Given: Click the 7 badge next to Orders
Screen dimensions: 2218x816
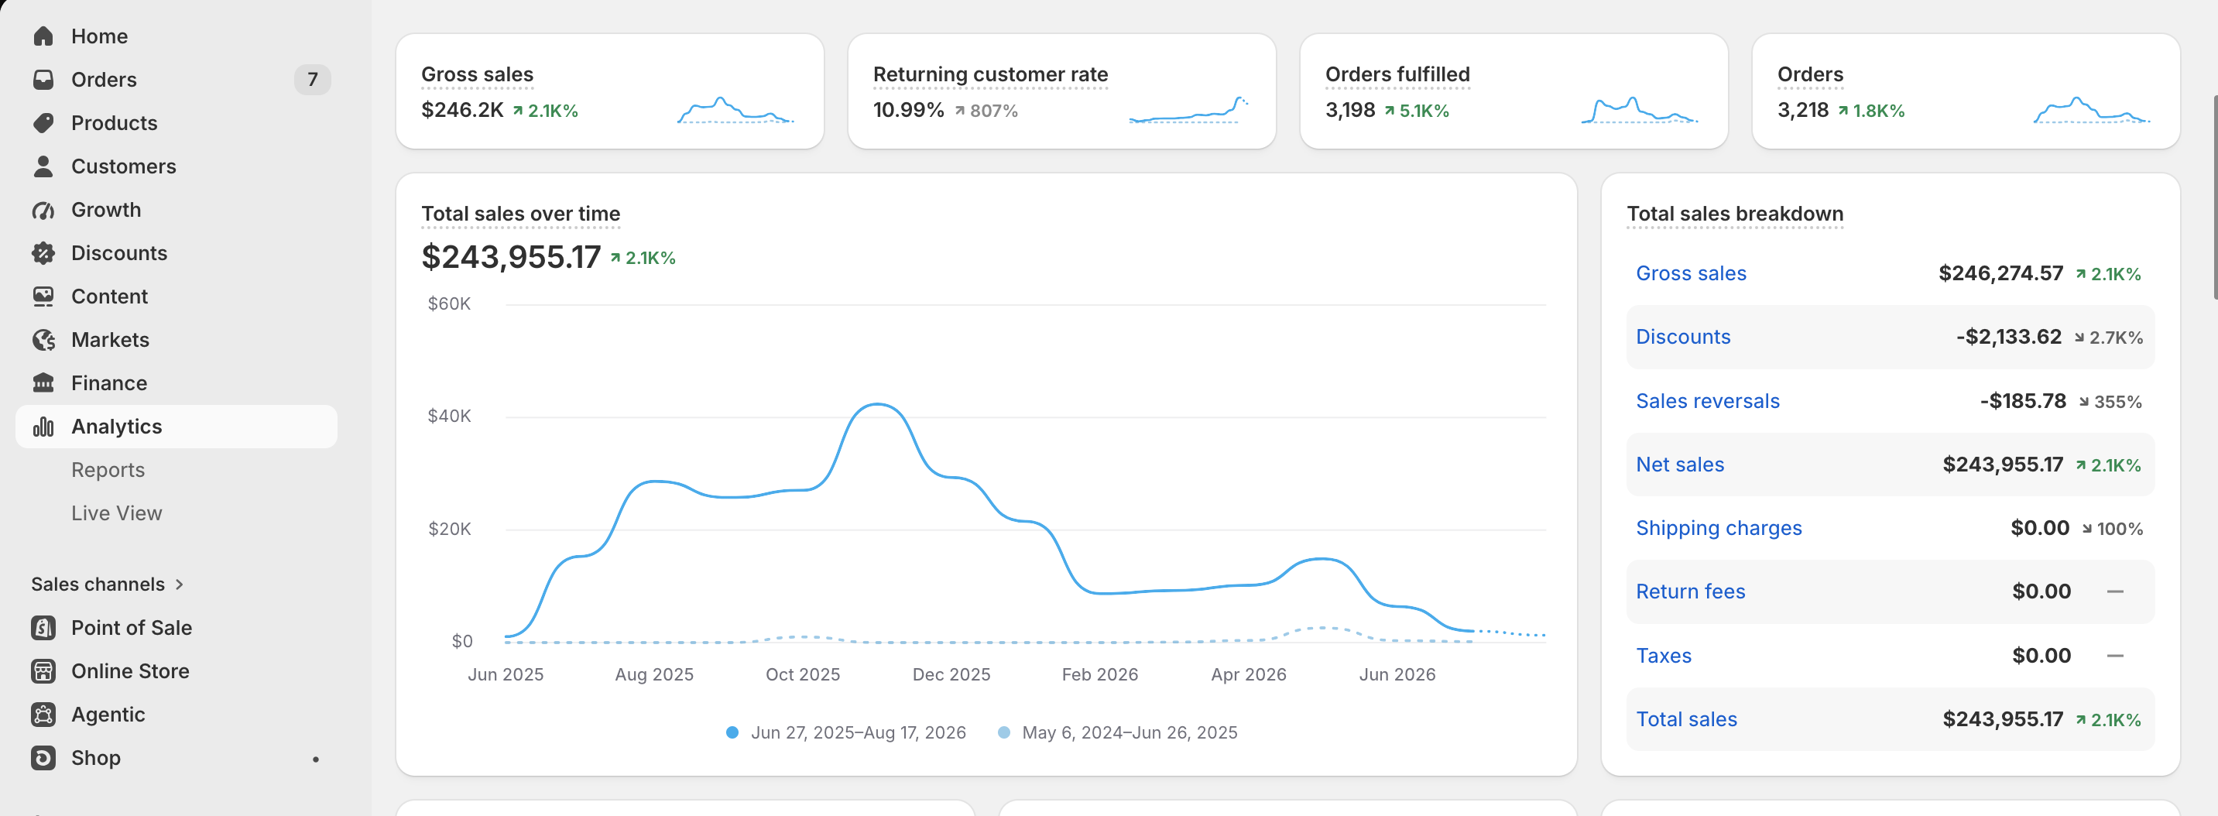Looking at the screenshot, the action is (313, 80).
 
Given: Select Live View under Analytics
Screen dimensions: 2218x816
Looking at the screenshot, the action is (116, 513).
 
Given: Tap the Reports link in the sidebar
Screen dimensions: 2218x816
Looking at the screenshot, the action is (108, 470).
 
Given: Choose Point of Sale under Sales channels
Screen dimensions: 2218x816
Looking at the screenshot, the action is (131, 628).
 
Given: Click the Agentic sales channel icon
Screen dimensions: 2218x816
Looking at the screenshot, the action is (43, 715).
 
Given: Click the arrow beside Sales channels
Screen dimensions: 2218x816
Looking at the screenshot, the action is (179, 585).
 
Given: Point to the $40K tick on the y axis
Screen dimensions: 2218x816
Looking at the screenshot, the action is (450, 416).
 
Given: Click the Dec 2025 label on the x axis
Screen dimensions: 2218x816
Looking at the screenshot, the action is (951, 674).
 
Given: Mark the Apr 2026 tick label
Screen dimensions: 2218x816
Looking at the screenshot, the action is (1249, 674).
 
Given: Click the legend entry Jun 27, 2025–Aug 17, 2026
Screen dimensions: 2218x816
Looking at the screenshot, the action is (859, 732).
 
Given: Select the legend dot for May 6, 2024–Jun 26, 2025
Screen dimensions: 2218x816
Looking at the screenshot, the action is (1004, 732).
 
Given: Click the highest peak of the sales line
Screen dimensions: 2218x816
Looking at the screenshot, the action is (876, 403).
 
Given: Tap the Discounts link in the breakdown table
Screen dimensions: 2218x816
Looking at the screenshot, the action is (1682, 337).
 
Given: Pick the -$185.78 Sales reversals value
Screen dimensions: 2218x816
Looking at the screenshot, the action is (2023, 401).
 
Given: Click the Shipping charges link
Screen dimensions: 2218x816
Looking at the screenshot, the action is (1719, 529).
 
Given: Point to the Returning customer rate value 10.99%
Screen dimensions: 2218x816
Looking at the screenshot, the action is (908, 110).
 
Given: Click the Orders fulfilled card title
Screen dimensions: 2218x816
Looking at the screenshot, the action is (1397, 75).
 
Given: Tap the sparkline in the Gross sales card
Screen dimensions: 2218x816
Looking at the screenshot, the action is (735, 110).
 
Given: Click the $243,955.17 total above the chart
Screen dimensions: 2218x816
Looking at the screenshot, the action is (511, 256).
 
